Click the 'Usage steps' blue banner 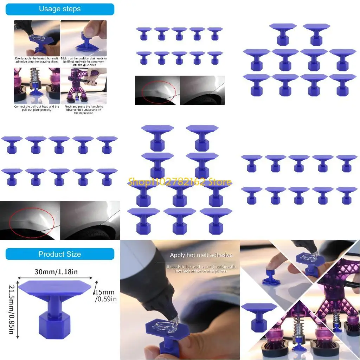click(60, 9)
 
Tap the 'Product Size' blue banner click(60, 254)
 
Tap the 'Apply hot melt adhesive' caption click(201, 255)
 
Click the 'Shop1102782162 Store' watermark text click(180, 182)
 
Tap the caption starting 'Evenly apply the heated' click(37, 60)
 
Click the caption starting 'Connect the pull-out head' click(37, 108)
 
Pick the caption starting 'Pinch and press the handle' click(84, 109)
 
